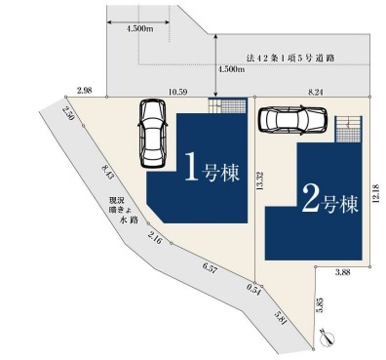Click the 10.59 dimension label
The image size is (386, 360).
pos(177,92)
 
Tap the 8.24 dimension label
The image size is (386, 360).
pos(315,92)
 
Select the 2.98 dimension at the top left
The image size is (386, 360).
pos(85,91)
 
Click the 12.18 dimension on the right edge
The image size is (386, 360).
pos(376,193)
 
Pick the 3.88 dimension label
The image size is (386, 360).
pos(342,272)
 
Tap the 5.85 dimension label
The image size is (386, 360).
pos(320,305)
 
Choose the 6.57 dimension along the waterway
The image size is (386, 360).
pos(210,268)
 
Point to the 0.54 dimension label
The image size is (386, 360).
pos(253,290)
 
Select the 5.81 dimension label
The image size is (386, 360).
pos(281,318)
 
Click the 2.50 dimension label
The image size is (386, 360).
pos(68,113)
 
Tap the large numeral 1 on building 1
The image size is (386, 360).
pos(191,166)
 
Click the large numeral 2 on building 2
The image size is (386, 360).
pos(310,198)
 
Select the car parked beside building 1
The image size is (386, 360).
pos(152,134)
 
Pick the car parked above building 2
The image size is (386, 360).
pos(292,119)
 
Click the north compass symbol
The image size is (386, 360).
pos(327,339)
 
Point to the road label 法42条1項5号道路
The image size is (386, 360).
pos(290,59)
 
